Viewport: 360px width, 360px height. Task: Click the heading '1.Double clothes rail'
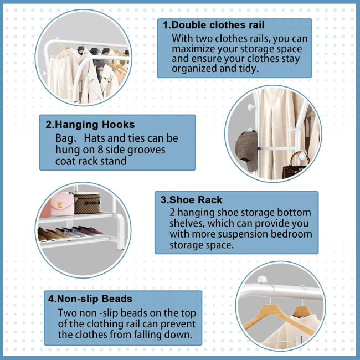(x=214, y=25)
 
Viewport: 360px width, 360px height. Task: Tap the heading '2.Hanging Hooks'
(x=90, y=125)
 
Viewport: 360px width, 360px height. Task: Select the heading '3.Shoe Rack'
(x=191, y=200)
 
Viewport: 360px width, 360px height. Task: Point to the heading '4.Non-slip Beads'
(x=90, y=299)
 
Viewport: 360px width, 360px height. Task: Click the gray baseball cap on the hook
(x=246, y=151)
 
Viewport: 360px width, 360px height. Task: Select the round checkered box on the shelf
(x=88, y=203)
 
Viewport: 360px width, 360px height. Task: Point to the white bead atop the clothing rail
(x=262, y=280)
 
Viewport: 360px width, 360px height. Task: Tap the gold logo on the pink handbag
(x=60, y=204)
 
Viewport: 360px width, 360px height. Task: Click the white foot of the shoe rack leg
(x=120, y=246)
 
